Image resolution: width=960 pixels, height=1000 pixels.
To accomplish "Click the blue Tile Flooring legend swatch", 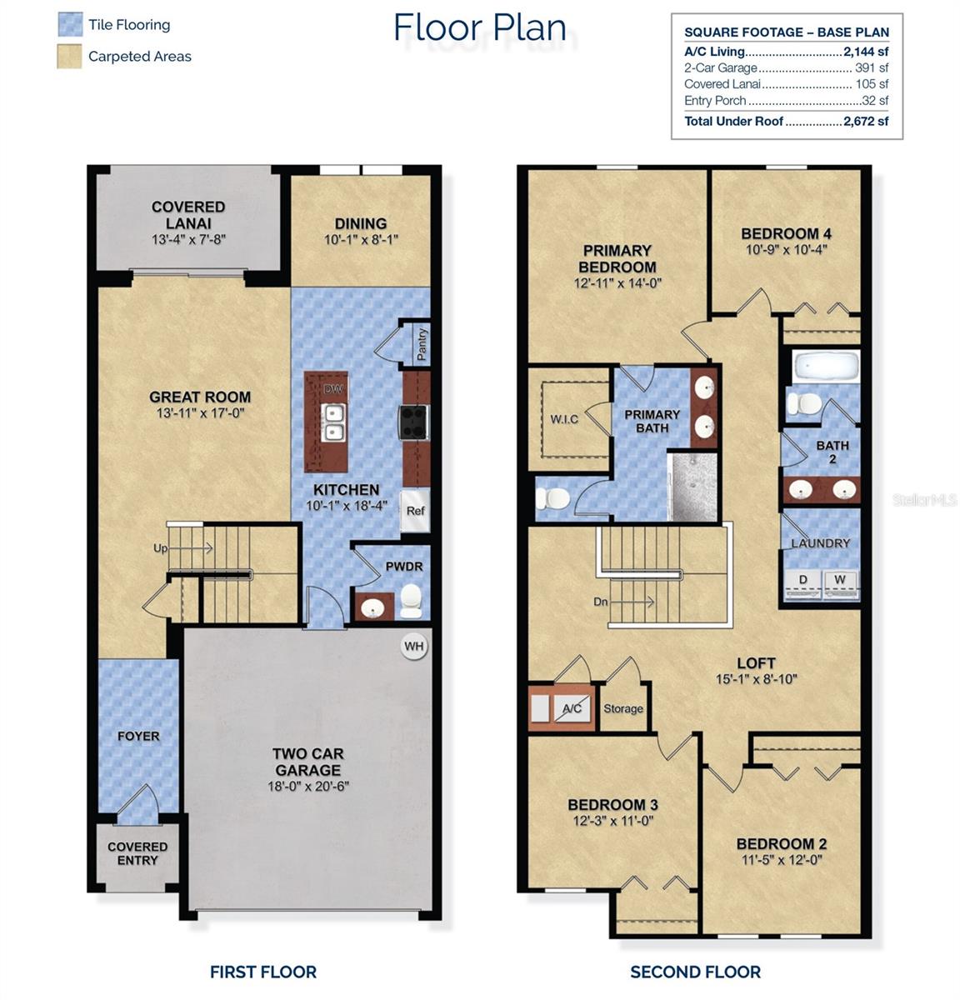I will (70, 24).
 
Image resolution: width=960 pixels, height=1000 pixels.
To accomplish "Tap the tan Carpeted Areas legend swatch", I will (70, 56).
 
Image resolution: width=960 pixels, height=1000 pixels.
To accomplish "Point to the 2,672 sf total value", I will (866, 121).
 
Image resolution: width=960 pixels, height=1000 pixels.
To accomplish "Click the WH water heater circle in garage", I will (414, 646).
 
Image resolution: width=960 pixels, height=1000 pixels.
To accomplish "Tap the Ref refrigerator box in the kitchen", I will (415, 510).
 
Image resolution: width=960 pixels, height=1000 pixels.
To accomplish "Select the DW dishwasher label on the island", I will (333, 389).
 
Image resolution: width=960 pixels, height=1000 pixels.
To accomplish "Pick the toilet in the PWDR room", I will (411, 601).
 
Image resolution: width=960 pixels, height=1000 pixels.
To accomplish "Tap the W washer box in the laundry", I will (840, 580).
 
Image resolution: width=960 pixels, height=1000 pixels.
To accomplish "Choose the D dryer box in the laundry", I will (803, 580).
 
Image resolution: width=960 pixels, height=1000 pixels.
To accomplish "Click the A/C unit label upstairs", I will (572, 708).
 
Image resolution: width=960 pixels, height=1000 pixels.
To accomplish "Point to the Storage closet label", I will (623, 708).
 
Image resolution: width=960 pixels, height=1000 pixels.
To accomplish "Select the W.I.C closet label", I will (564, 418).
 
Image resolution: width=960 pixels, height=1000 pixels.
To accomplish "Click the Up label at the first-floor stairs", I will (160, 548).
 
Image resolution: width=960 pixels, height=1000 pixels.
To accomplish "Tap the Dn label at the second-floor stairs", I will (601, 601).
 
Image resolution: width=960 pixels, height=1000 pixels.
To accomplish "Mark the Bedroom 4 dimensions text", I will (785, 249).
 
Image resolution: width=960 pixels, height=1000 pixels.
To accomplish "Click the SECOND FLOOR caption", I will (695, 972).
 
